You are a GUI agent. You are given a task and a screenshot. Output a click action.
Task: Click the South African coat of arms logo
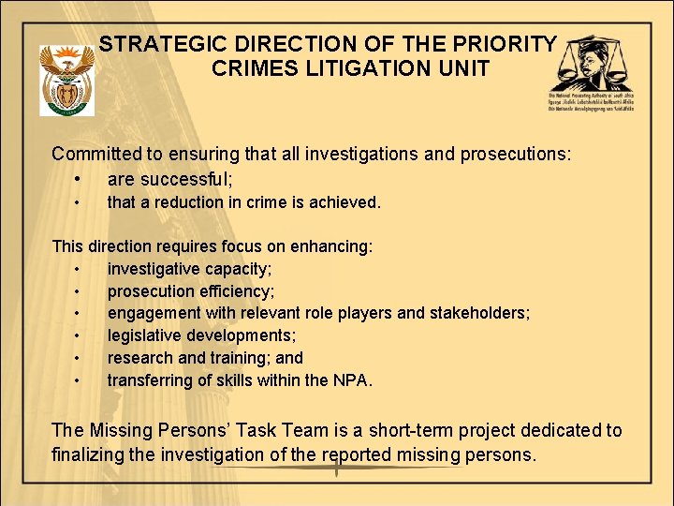pyautogui.click(x=67, y=82)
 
